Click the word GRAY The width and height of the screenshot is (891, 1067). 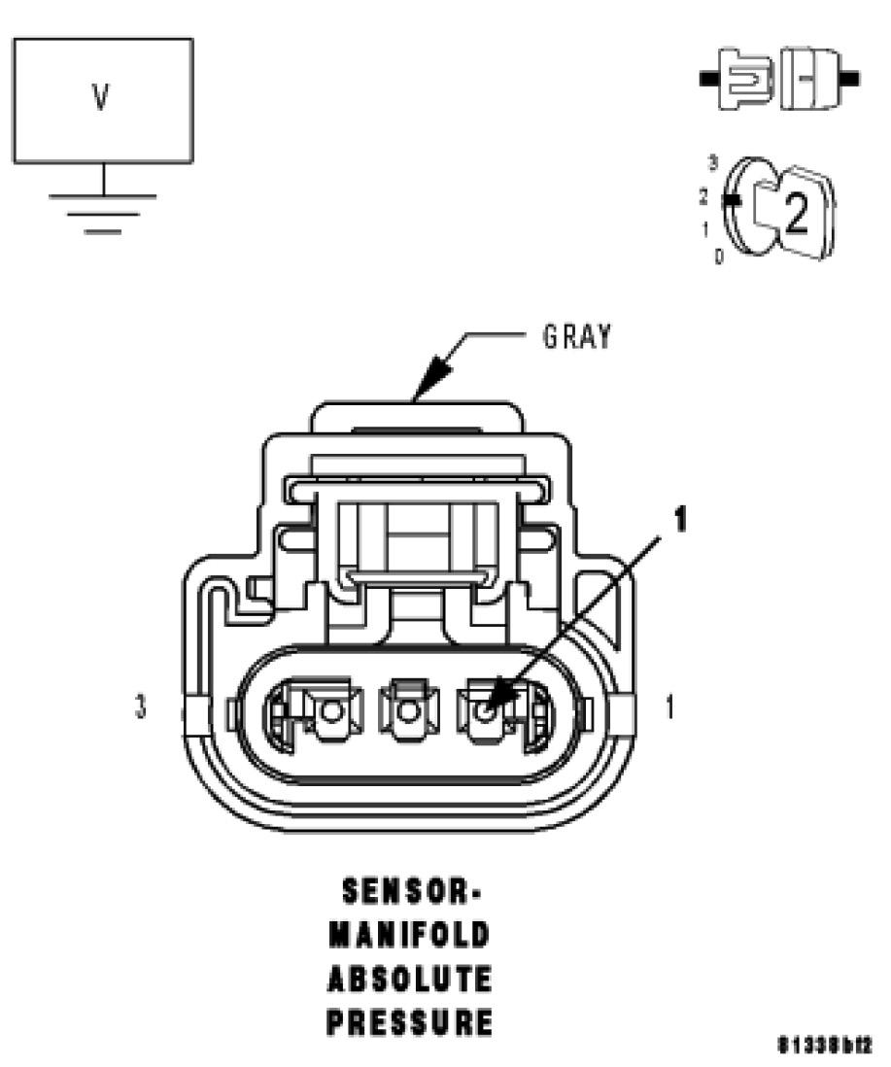coord(576,337)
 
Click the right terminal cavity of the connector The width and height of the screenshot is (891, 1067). coord(487,714)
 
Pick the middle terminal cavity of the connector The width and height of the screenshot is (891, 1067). coord(408,714)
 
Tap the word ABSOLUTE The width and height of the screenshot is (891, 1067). coord(408,979)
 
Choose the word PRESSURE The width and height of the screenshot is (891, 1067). coord(408,1022)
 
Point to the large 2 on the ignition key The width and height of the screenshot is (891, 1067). coord(795,215)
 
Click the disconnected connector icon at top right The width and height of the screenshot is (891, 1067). coord(778,79)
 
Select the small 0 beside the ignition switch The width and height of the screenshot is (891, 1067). coord(718,258)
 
